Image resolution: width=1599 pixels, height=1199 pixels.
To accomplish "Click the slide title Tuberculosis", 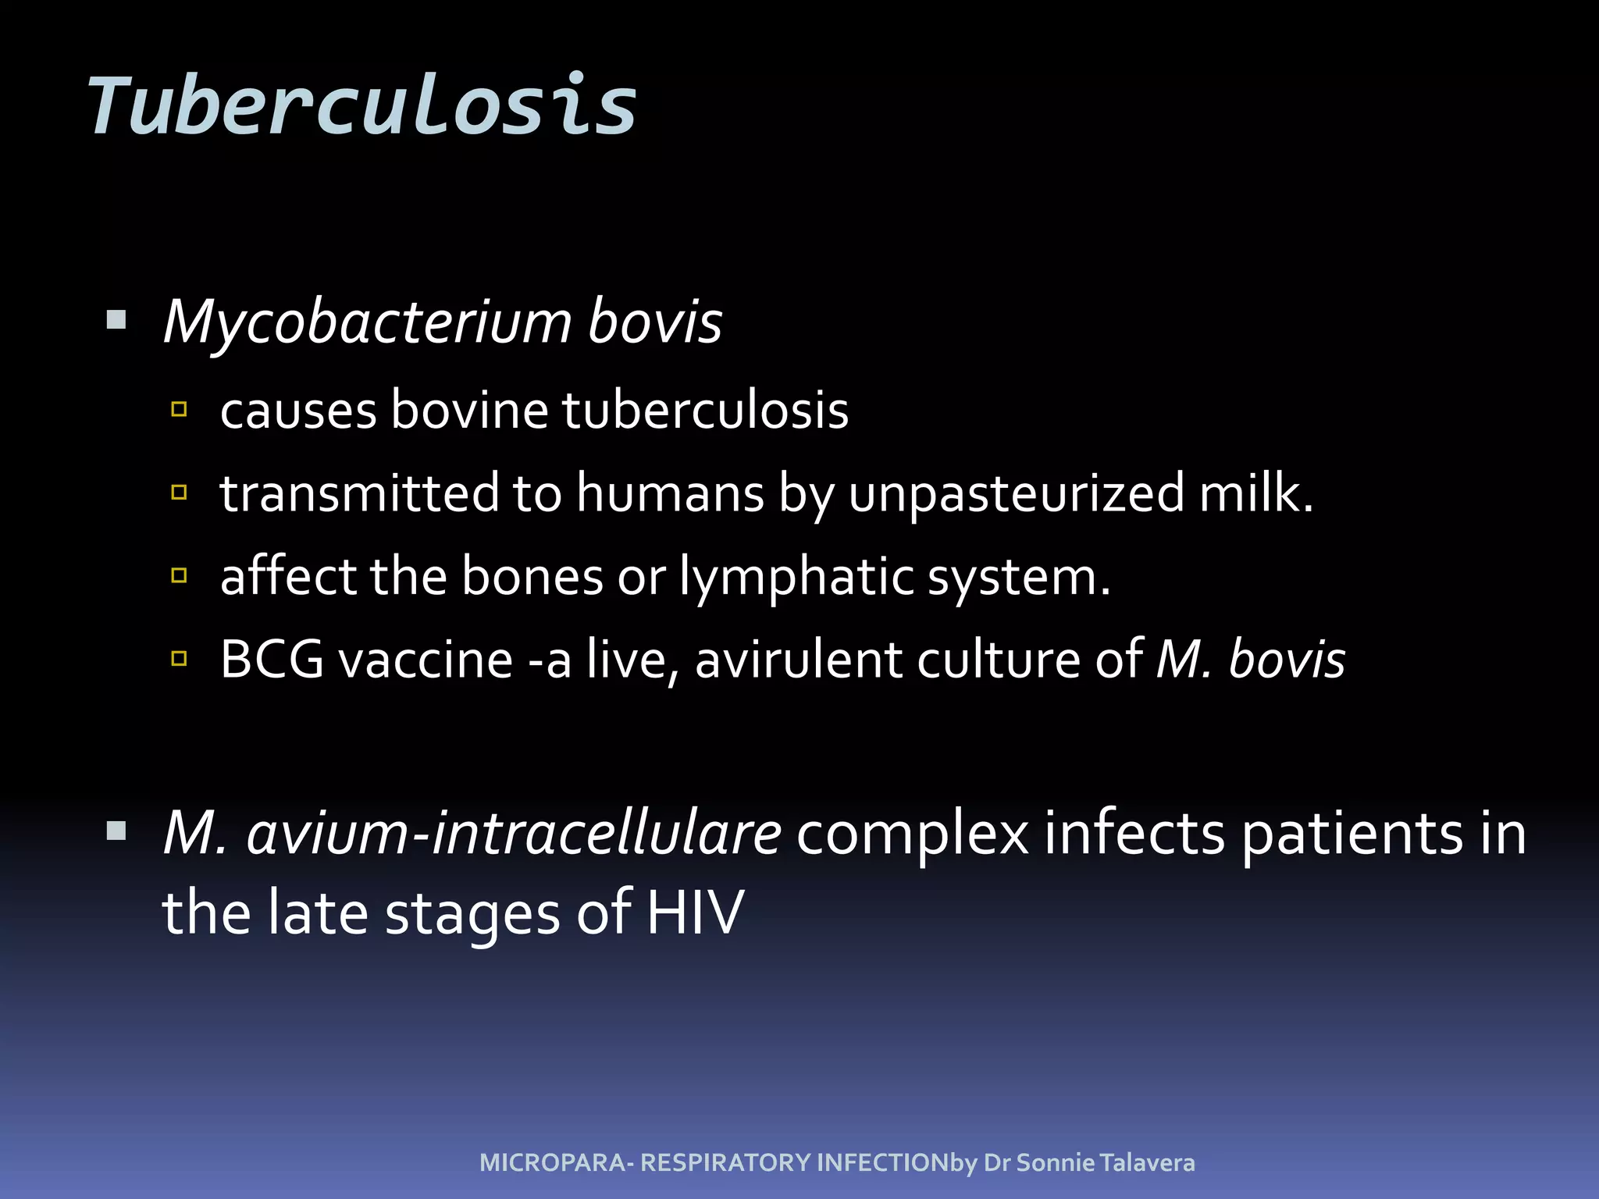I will click(x=362, y=105).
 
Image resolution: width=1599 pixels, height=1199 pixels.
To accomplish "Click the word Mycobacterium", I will click(x=368, y=322).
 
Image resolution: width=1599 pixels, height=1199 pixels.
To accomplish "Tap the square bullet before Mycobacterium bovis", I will click(x=116, y=320).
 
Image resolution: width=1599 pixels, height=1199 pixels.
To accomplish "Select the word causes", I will click(x=298, y=410).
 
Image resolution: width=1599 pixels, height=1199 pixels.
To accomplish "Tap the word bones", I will click(x=532, y=577).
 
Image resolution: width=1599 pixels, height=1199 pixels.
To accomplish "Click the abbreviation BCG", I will click(x=272, y=660).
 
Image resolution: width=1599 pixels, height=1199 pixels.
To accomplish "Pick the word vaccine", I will click(x=426, y=660).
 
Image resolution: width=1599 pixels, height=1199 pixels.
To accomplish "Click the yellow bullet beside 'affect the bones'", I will click(x=180, y=576).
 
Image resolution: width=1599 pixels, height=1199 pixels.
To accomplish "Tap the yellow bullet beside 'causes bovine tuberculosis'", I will click(x=180, y=409).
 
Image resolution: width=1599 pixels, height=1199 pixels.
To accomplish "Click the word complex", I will click(x=912, y=834).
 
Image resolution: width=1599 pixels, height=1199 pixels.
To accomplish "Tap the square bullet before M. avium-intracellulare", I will click(x=116, y=831).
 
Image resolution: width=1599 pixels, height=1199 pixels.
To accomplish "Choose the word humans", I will click(x=670, y=493).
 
